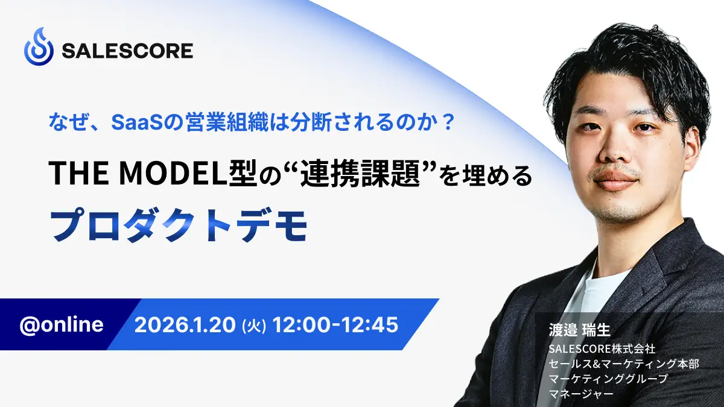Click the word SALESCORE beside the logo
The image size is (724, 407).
pyautogui.click(x=127, y=51)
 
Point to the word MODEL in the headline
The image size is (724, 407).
pyautogui.click(x=173, y=173)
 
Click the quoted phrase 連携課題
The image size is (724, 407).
pyautogui.click(x=360, y=174)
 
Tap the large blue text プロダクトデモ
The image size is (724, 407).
pyautogui.click(x=178, y=226)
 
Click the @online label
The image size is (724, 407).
pyautogui.click(x=62, y=324)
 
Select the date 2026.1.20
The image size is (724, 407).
pyautogui.click(x=185, y=324)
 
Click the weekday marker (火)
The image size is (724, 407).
pyautogui.click(x=254, y=325)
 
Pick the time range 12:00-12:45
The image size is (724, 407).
pyautogui.click(x=335, y=324)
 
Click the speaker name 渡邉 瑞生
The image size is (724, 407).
pyautogui.click(x=580, y=330)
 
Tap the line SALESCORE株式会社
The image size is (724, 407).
pyautogui.click(x=602, y=349)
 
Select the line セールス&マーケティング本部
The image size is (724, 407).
pyautogui.click(x=624, y=364)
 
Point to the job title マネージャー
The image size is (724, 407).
pyautogui.click(x=581, y=393)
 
